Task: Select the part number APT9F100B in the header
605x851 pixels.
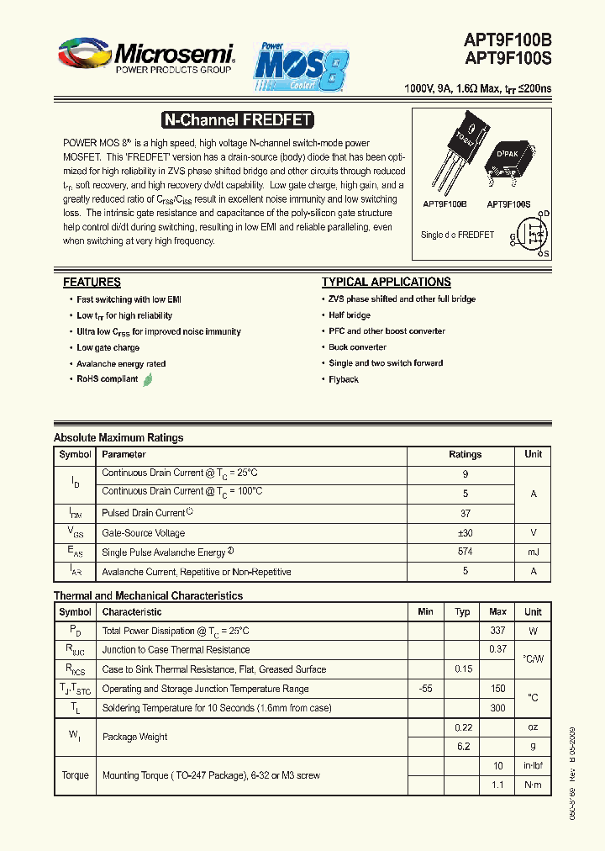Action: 508,41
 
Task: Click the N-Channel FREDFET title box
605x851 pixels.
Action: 236,120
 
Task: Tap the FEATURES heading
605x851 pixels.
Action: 92,283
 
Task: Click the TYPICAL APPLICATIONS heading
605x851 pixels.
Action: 386,283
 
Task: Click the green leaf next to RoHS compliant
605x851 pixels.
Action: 148,379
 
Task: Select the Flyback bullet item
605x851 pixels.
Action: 344,379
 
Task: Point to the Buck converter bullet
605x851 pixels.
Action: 357,347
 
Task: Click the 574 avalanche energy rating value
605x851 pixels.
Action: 465,552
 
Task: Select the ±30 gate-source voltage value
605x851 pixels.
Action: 465,532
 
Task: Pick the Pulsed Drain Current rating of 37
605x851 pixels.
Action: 465,513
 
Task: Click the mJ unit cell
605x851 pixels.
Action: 533,552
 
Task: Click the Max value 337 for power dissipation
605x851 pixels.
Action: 497,631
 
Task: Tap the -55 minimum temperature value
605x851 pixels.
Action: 425,689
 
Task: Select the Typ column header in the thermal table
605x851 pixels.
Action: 462,612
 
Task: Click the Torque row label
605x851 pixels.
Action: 75,775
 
